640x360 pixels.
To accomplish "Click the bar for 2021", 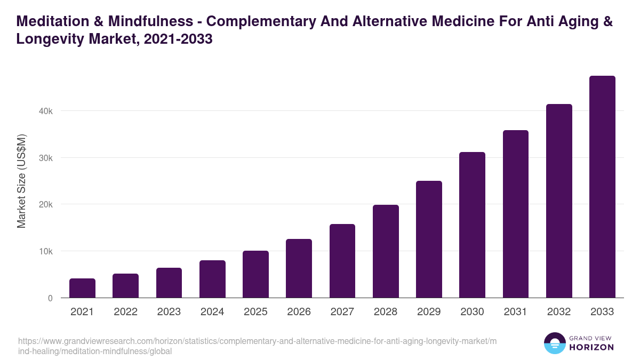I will click(x=82, y=288).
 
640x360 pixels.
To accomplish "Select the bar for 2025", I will click(x=255, y=274).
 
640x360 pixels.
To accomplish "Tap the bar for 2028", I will click(x=386, y=251).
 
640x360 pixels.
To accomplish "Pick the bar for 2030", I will click(x=472, y=225).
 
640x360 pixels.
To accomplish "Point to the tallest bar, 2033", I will click(x=602, y=187).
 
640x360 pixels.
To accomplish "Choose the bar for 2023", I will click(x=169, y=283).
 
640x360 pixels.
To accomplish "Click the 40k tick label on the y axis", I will click(x=45, y=111).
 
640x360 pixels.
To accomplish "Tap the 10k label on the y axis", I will click(x=45, y=251).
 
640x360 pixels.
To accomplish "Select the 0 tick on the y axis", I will click(x=50, y=298).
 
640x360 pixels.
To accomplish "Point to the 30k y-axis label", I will click(x=45, y=158).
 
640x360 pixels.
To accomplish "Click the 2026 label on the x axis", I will click(x=299, y=312).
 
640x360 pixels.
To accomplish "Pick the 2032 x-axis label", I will click(x=559, y=312).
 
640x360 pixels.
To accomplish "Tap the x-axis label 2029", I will click(x=429, y=312).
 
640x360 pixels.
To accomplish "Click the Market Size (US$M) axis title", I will click(x=21, y=181).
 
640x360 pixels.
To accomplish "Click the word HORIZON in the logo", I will click(x=592, y=347).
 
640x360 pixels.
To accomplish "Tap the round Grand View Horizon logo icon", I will click(x=554, y=343).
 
